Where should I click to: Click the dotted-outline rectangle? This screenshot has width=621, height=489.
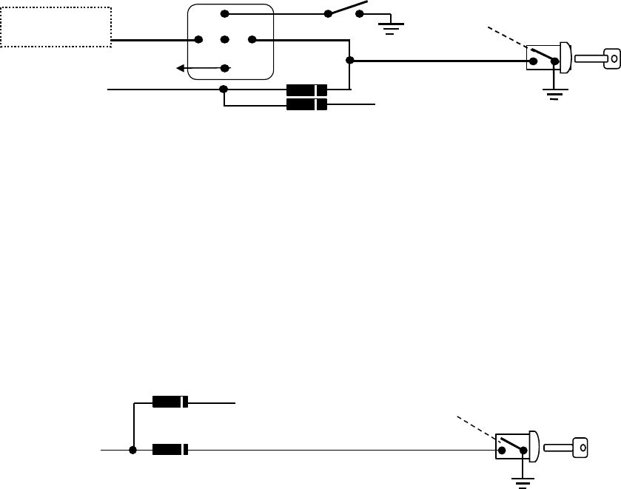pyautogui.click(x=56, y=27)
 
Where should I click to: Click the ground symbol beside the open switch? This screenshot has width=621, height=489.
pyautogui.click(x=389, y=28)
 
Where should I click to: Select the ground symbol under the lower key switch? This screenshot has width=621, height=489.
pyautogui.click(x=523, y=483)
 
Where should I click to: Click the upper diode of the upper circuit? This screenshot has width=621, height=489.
pyautogui.click(x=306, y=90)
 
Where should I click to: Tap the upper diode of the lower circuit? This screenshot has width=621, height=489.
pyautogui.click(x=170, y=402)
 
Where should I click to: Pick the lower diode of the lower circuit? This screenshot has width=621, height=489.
pyautogui.click(x=170, y=449)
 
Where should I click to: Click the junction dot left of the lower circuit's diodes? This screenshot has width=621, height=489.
pyautogui.click(x=133, y=449)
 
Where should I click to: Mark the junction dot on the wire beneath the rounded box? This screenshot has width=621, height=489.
pyautogui.click(x=224, y=90)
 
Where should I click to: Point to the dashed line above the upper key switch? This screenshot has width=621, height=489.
pyautogui.click(x=508, y=39)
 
